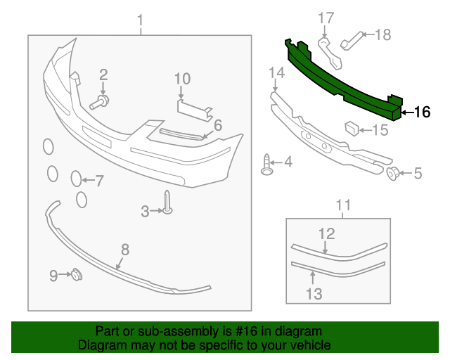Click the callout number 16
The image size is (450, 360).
point(422,112)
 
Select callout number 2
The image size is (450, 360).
point(103,75)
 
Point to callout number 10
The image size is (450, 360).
point(182,78)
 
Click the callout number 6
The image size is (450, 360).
point(218,125)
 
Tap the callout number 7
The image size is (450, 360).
point(99,181)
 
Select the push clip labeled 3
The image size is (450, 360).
point(168,204)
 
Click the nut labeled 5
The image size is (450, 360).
point(395,173)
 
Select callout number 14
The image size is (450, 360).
point(276,72)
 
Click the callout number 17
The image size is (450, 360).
point(325,18)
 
